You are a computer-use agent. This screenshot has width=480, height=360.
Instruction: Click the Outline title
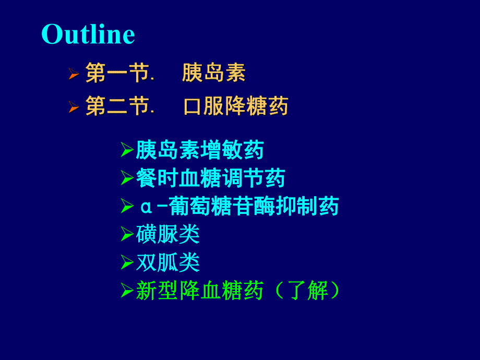[x=88, y=34]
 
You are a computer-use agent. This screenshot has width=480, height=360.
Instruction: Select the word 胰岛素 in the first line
[x=213, y=73]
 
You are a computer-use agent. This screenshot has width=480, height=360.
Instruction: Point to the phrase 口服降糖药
[x=236, y=106]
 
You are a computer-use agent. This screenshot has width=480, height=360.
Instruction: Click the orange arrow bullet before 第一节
[x=74, y=74]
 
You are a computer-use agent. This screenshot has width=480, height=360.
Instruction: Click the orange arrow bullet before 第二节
[x=74, y=107]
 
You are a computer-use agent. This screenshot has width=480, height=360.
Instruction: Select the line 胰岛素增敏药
[x=200, y=150]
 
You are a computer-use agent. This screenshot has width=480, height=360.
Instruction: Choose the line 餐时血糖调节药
[x=210, y=178]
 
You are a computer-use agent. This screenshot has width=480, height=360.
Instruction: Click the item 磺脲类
[x=168, y=234]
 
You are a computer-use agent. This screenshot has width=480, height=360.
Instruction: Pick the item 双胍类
[x=168, y=262]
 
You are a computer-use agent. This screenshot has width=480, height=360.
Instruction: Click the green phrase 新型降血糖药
[x=200, y=291]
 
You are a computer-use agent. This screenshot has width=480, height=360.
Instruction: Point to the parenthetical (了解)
[x=307, y=291]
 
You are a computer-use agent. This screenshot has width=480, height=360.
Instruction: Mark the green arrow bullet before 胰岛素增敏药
[x=127, y=151]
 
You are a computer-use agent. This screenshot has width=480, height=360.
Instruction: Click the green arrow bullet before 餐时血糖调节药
[x=127, y=179]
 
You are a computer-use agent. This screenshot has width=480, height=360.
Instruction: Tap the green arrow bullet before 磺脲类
[x=127, y=235]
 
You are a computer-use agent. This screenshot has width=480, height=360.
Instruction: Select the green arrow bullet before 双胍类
[x=127, y=263]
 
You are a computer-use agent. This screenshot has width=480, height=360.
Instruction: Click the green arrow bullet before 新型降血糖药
[x=127, y=291]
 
